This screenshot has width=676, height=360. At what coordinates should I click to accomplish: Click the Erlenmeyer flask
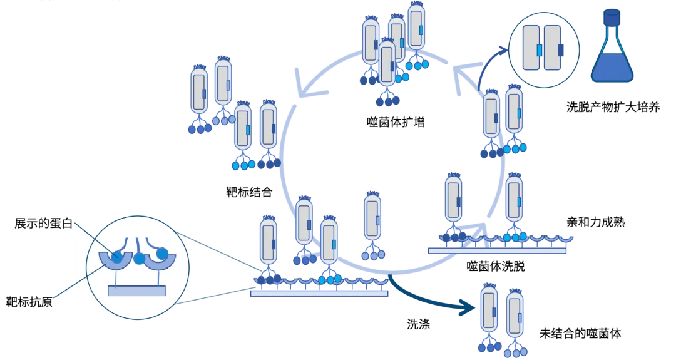point(612,56)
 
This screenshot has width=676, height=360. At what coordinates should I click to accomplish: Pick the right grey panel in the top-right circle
point(552,48)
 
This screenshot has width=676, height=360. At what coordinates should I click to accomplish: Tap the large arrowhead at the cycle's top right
point(463,75)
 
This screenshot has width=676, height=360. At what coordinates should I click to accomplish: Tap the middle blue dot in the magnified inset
point(139,258)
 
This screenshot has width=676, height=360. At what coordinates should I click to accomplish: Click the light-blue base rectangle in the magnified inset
point(137,291)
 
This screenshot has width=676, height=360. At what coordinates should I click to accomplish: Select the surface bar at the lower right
point(498,251)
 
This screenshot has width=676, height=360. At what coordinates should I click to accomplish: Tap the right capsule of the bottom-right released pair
point(515,316)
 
